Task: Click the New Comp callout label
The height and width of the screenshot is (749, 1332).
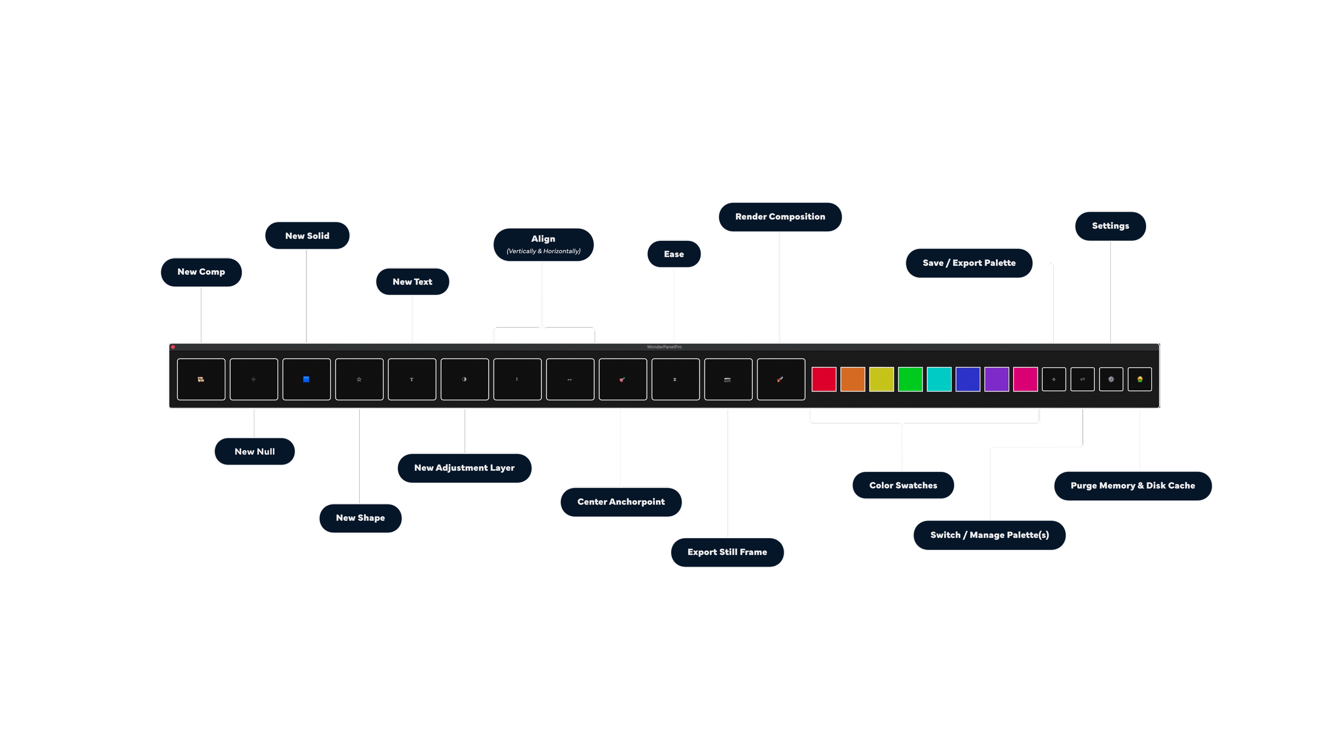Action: (201, 272)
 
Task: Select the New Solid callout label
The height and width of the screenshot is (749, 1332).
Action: (307, 236)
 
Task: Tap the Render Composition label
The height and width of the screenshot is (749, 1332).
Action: (780, 217)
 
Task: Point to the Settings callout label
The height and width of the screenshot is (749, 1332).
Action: (1110, 226)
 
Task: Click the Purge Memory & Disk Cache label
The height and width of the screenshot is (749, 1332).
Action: (1133, 486)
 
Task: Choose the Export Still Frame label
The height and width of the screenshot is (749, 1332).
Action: (727, 552)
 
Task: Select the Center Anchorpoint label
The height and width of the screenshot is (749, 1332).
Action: (621, 502)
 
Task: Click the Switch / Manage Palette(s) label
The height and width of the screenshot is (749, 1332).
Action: (989, 535)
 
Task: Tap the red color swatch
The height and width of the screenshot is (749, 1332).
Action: (824, 379)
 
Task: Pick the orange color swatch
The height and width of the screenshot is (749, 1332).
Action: (852, 379)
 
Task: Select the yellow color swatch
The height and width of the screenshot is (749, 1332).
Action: (881, 379)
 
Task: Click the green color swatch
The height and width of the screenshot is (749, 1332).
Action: (910, 379)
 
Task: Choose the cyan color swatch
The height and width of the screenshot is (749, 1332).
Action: (939, 379)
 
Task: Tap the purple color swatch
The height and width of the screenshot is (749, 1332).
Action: (996, 379)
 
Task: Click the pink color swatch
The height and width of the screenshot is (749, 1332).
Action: (1025, 379)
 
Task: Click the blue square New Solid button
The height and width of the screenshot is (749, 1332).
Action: (306, 379)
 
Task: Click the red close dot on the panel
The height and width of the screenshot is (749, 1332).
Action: (173, 347)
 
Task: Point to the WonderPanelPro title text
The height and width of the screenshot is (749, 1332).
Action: (664, 347)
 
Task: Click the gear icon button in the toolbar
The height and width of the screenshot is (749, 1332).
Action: (1111, 379)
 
